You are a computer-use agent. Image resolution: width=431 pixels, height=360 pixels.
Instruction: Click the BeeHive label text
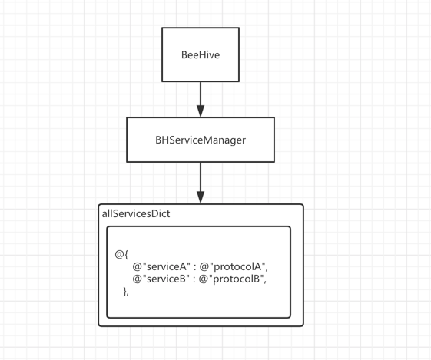click(201, 55)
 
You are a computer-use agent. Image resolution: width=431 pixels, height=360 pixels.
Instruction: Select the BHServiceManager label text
click(201, 140)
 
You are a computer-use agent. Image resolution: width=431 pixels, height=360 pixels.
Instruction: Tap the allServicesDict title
click(136, 213)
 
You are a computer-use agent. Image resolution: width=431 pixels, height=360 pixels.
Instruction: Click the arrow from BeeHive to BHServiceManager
click(201, 100)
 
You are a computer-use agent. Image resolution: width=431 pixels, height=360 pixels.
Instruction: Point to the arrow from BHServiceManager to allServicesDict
click(201, 183)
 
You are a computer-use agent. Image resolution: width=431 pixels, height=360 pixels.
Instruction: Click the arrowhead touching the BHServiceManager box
click(201, 111)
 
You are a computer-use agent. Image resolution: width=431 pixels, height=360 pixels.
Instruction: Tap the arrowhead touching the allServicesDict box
click(201, 197)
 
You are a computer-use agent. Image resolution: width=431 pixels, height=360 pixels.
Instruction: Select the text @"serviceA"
click(161, 266)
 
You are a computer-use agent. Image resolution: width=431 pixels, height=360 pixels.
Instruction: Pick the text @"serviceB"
click(161, 279)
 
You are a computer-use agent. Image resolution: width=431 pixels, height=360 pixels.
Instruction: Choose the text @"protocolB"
click(231, 279)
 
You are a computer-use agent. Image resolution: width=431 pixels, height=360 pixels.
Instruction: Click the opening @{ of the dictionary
click(121, 255)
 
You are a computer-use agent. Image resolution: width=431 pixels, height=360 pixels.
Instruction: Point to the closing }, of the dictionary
click(126, 292)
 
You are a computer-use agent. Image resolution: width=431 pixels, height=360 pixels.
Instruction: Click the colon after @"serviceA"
click(195, 267)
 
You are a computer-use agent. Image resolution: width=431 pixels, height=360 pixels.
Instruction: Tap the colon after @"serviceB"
click(194, 279)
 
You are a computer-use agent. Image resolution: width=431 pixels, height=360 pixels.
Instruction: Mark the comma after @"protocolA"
click(267, 269)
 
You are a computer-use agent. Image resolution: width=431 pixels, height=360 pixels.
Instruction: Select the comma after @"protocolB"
click(265, 282)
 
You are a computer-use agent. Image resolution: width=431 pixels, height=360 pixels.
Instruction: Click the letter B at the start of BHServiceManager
click(158, 140)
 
